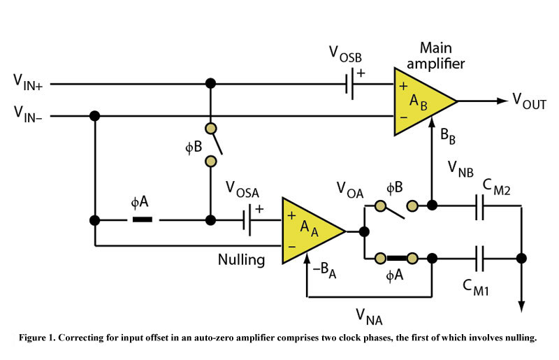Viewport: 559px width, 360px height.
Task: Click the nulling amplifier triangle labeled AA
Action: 309,230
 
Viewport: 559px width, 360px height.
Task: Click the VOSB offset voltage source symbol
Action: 349,85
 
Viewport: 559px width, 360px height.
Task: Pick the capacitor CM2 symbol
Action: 479,206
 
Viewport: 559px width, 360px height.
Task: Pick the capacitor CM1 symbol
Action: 479,258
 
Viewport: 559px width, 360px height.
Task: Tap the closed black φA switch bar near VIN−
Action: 143,219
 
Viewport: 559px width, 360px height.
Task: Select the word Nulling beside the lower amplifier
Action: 241,260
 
